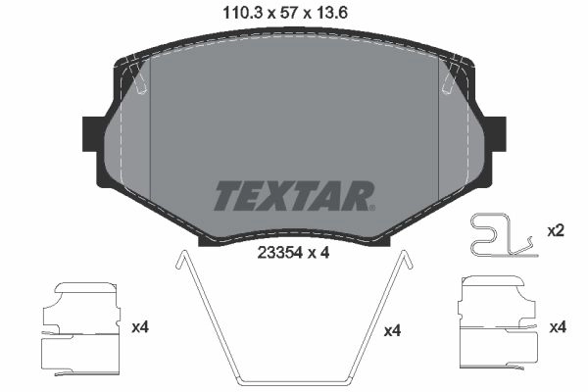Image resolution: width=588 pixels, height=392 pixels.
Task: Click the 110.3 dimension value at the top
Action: click(242, 14)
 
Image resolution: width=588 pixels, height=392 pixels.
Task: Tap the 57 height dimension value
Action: click(289, 14)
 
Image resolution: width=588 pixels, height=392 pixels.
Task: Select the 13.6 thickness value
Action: click(332, 14)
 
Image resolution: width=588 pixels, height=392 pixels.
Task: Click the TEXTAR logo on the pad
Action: click(292, 196)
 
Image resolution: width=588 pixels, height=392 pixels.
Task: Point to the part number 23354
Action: click(279, 253)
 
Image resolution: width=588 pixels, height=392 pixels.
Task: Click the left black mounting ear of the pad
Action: click(90, 134)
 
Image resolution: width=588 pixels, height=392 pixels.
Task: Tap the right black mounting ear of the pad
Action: click(498, 134)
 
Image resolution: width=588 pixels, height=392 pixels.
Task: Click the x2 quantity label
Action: click(556, 231)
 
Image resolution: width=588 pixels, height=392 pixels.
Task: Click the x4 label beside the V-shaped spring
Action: click(393, 331)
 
